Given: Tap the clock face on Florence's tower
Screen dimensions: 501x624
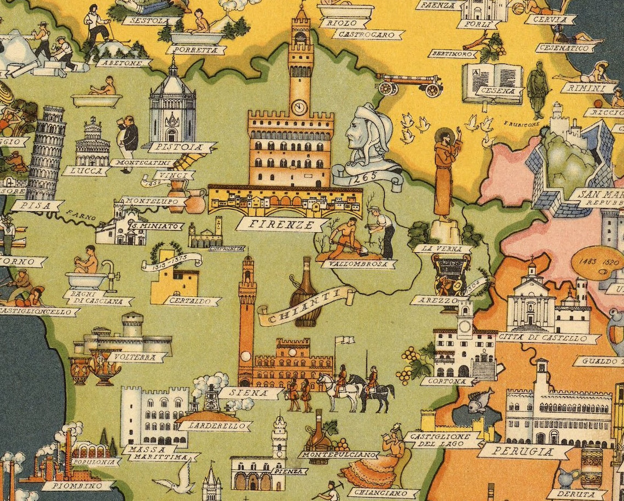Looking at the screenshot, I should tap(299, 107).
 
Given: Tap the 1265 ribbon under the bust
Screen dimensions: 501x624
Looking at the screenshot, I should tap(368, 179).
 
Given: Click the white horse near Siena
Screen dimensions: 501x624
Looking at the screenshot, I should tap(340, 391).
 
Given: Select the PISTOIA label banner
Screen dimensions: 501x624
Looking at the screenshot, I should tap(180, 147).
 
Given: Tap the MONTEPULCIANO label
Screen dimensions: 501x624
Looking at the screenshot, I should tap(339, 454).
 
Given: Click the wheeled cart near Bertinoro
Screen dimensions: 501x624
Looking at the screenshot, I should tap(410, 84).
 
